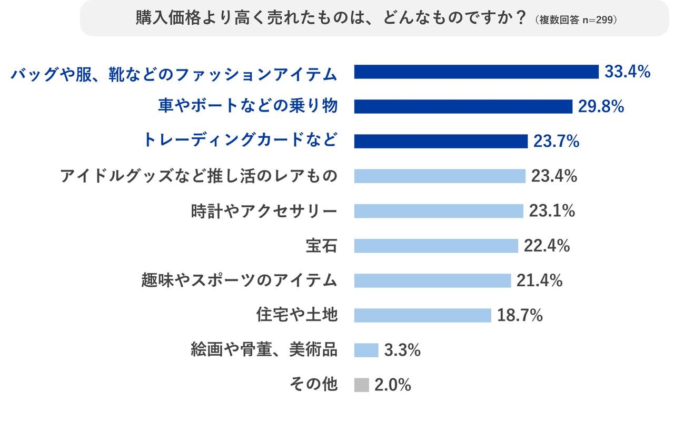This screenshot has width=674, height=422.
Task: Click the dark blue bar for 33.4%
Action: tap(476, 72)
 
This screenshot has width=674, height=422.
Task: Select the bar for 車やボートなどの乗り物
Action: tap(463, 107)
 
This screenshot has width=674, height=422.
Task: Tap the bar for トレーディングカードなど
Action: tap(440, 142)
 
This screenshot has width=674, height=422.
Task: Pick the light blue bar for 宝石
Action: tap(436, 246)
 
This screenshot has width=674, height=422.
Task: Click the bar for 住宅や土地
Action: tap(422, 315)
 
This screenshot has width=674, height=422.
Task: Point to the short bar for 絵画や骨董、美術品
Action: tap(366, 350)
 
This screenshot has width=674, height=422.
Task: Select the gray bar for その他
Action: tap(361, 385)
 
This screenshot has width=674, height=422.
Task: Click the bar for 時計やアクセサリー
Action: tap(438, 211)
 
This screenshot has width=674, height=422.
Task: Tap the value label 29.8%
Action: tap(601, 107)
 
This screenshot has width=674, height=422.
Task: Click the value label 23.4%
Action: tap(554, 176)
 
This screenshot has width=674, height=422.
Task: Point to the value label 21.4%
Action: tap(539, 280)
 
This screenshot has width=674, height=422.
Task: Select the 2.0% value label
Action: tap(392, 385)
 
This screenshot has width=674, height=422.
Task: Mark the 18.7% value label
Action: tap(520, 315)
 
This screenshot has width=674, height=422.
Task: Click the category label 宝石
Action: tap(321, 246)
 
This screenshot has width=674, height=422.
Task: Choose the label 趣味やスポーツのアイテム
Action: tap(239, 280)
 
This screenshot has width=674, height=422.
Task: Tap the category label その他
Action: tap(313, 385)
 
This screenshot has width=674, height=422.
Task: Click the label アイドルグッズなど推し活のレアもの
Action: tap(199, 176)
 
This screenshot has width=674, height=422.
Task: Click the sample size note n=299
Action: tap(596, 20)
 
